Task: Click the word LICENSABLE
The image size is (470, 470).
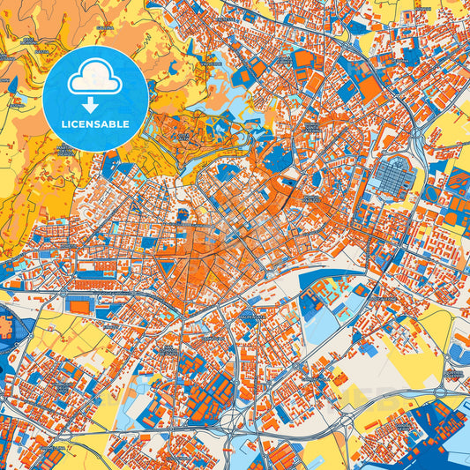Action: coord(95,123)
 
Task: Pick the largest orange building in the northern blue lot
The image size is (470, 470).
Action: coord(309,60)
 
